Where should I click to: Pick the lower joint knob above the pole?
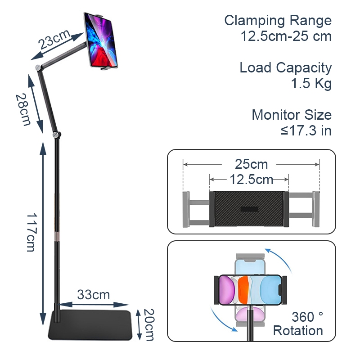point(56,134)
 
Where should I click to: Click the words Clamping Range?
point(278,21)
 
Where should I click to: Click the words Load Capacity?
point(285,68)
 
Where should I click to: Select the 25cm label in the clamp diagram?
point(251,164)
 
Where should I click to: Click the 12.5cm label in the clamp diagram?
point(252,180)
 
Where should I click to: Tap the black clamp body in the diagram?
point(249,209)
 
